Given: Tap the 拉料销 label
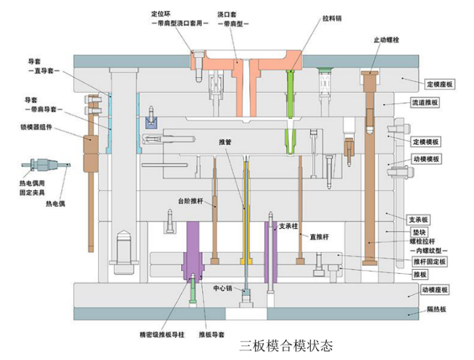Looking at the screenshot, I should click(333, 19).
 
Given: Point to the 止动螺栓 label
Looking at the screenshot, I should click(386, 40).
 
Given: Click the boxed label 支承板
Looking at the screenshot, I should click(419, 219).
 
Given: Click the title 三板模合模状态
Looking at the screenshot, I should click(286, 345).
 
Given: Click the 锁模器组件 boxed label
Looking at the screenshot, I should click(36, 127).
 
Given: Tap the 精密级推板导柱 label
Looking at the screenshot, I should click(160, 335).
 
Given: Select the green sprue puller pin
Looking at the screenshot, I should click(290, 99).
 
